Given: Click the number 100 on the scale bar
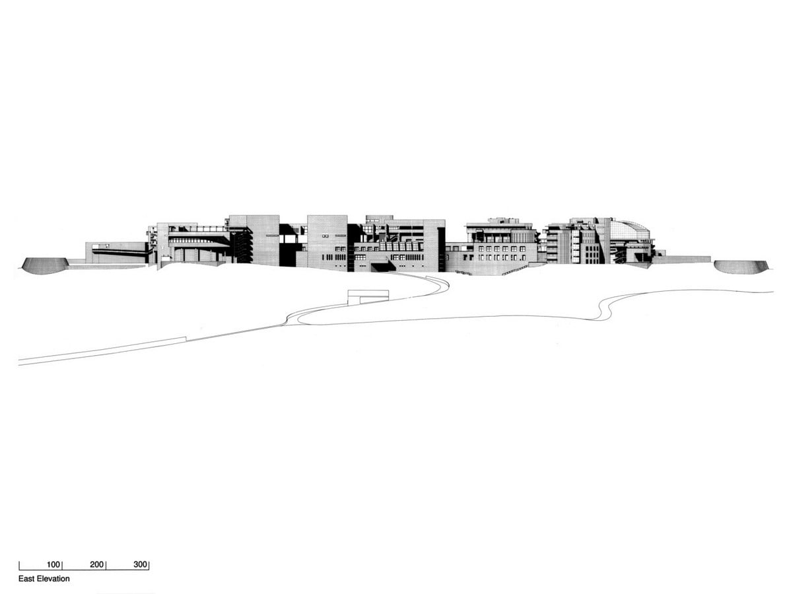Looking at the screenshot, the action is (x=53, y=564).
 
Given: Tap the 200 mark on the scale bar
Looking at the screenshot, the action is (x=97, y=564).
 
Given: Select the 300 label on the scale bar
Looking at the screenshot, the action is (x=141, y=564).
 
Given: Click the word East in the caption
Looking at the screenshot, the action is (x=27, y=578).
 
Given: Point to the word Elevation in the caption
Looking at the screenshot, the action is (x=53, y=578).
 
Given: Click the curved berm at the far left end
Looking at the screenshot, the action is (x=44, y=265).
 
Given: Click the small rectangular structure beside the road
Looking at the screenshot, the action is (x=369, y=296).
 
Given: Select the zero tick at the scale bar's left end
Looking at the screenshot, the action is (x=19, y=566).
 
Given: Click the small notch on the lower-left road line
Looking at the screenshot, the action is (x=186, y=339).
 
